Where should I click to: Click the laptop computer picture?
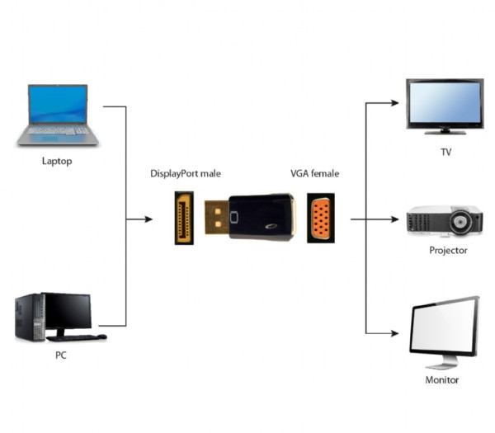point(57,115)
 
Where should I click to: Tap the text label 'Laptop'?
point(57,161)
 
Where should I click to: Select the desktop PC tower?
point(28,318)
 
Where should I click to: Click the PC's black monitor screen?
point(67,312)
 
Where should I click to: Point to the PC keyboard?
point(76,337)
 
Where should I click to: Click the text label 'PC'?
point(60,355)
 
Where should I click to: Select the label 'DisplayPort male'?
point(186,174)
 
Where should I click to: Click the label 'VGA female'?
point(314,174)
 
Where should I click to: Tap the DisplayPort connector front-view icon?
point(184,219)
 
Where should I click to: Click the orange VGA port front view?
point(321,219)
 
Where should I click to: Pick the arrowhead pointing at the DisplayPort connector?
point(148,219)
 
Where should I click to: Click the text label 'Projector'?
point(448,250)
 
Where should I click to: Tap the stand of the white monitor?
point(441,362)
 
